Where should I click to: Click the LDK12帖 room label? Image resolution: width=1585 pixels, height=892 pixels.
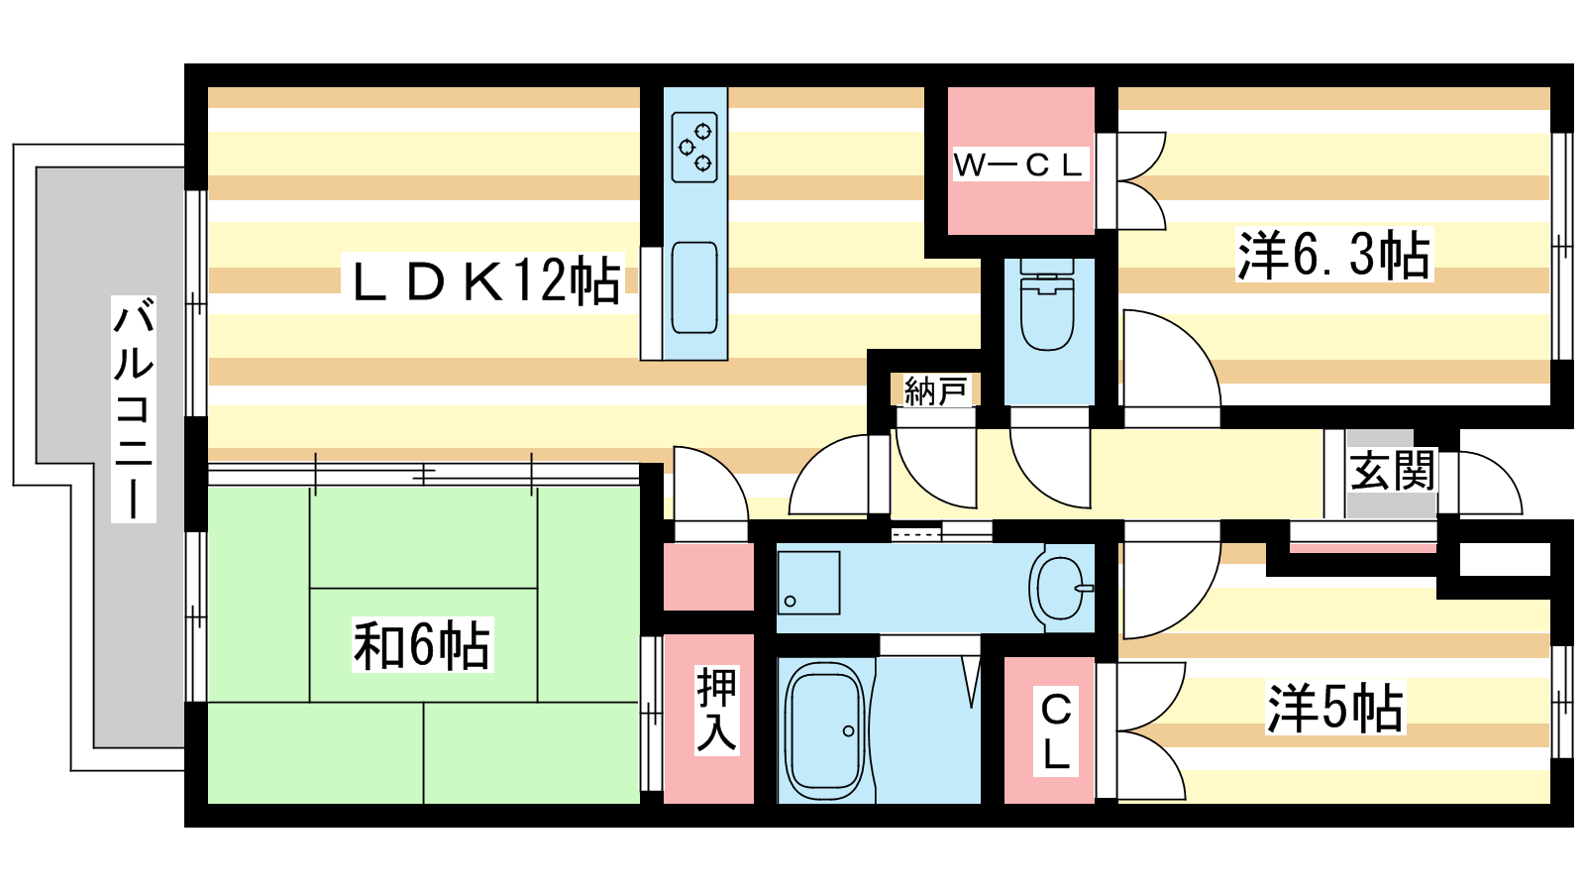click(485, 281)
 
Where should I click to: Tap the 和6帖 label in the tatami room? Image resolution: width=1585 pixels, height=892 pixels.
click(422, 646)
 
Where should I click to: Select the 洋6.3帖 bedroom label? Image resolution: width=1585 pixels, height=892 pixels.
click(1333, 255)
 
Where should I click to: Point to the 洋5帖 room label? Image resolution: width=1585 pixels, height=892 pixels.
click(1335, 709)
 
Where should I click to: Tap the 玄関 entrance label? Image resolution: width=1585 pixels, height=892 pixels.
click(1392, 470)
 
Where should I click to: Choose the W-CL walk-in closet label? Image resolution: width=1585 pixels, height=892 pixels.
click(1018, 165)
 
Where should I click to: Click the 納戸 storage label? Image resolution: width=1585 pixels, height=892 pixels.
click(935, 390)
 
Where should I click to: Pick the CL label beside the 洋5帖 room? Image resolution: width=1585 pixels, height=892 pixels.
click(1056, 731)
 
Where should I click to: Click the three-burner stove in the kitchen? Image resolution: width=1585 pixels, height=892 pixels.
click(694, 147)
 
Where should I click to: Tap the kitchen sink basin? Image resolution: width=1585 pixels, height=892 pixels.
click(694, 287)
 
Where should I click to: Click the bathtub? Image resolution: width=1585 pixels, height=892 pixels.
click(824, 730)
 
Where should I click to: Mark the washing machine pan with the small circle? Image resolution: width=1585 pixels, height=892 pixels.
click(808, 583)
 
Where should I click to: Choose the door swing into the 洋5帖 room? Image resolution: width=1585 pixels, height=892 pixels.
click(1169, 590)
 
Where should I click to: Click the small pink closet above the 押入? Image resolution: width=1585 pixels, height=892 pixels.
click(707, 577)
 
